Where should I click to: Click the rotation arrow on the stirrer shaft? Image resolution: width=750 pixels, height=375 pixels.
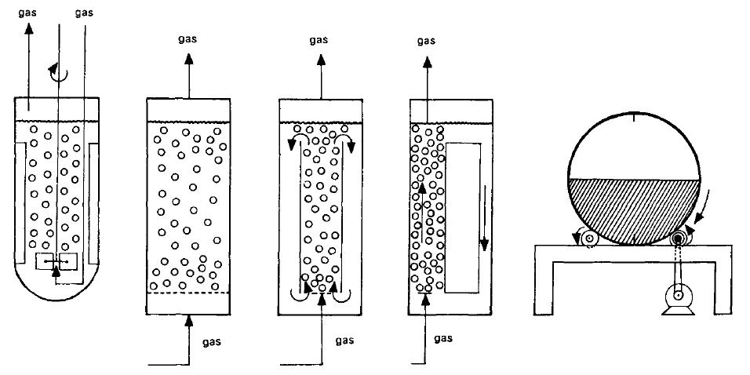[x=56, y=73]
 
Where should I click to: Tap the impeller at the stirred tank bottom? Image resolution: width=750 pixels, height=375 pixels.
[x=56, y=262]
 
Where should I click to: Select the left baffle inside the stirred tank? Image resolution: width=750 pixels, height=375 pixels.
[x=20, y=204]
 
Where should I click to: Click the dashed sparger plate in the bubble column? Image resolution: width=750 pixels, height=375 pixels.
[x=188, y=293]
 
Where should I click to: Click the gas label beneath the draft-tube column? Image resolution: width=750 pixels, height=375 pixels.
[x=344, y=340]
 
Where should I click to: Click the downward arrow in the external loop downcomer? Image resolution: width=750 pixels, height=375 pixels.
[x=484, y=228]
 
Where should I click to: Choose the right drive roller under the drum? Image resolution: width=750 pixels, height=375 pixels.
[x=677, y=238]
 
